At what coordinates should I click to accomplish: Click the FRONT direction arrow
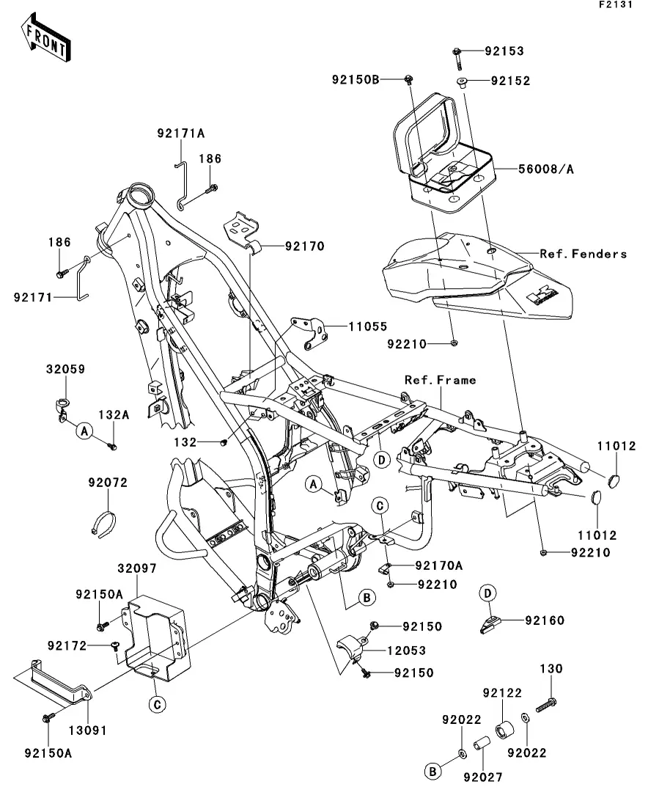tap(45, 40)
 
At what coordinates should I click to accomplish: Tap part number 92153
tap(504, 51)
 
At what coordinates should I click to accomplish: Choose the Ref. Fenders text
tap(584, 254)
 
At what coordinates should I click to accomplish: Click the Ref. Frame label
tap(441, 380)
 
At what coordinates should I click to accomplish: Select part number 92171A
tap(180, 133)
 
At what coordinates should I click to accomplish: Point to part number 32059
tap(66, 370)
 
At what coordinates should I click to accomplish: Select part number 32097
tap(136, 568)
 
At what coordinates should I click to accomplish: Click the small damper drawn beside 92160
tap(490, 623)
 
